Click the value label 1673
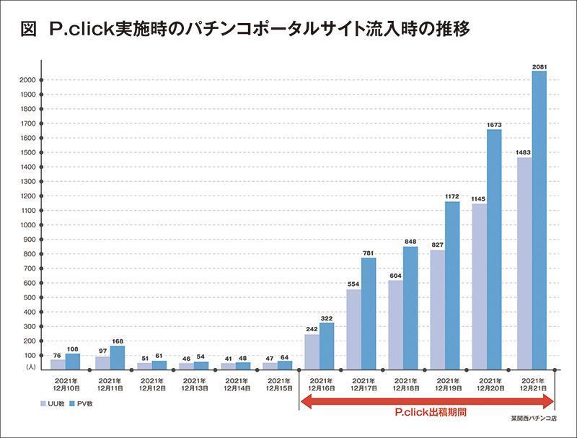pyautogui.click(x=494, y=125)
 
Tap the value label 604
pyautogui.click(x=395, y=275)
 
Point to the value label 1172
pyautogui.click(x=452, y=197)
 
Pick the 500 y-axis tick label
pyautogui.click(x=27, y=297)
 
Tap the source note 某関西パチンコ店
pyautogui.click(x=532, y=418)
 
